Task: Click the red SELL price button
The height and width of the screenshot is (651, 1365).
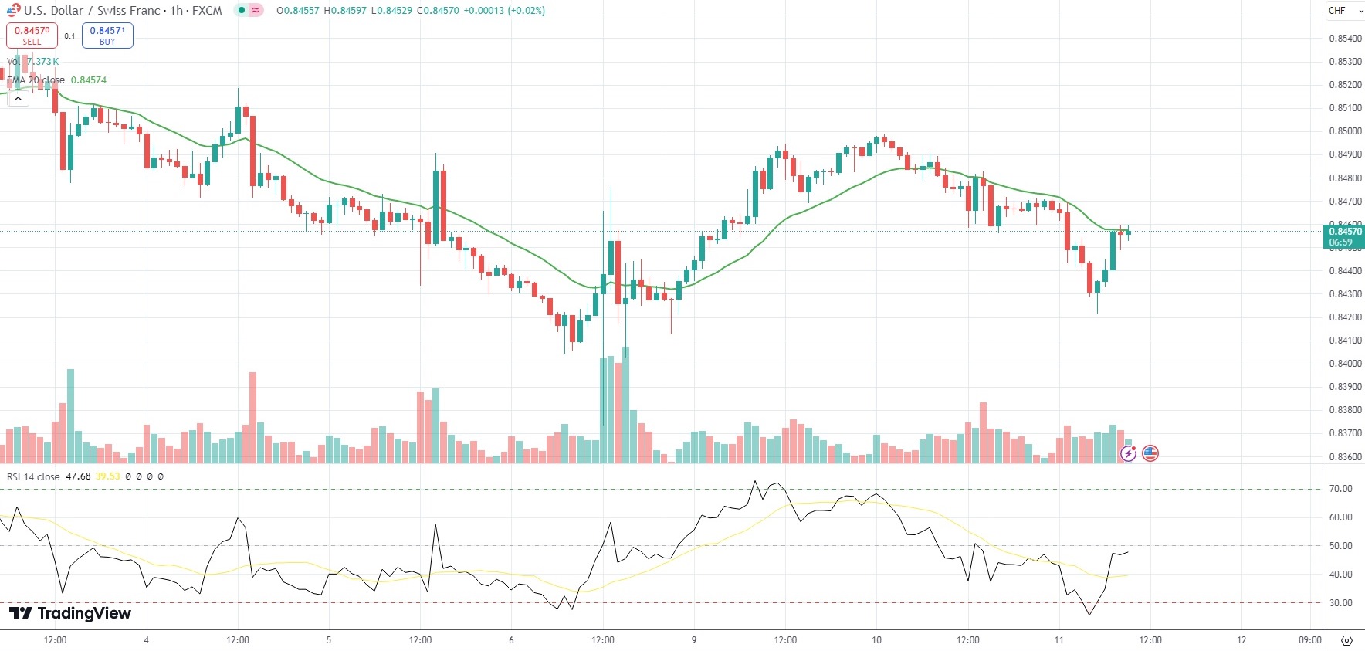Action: [32, 36]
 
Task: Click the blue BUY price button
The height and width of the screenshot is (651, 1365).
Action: [107, 36]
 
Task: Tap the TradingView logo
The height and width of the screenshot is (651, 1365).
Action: [70, 613]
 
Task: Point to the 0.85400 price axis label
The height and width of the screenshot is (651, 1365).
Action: [1344, 39]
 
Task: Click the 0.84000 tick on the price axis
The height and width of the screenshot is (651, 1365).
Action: [1344, 364]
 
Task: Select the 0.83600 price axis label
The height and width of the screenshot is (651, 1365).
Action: [1344, 457]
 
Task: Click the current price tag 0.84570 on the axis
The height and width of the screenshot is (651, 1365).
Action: [1344, 232]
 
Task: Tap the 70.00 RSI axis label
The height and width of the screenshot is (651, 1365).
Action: [1340, 489]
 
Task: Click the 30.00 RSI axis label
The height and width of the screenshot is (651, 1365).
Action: [1340, 603]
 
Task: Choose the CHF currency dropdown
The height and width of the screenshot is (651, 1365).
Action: [1344, 11]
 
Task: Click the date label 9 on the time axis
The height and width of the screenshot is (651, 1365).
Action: [694, 640]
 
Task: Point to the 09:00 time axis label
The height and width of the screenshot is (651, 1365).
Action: [1309, 640]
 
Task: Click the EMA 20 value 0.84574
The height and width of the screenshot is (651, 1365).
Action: [89, 80]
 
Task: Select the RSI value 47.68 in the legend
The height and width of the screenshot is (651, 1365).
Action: [78, 476]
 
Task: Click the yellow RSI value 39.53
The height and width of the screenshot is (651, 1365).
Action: [108, 476]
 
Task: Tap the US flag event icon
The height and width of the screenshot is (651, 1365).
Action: [1150, 453]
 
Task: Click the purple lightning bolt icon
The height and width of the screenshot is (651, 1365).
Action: [1129, 453]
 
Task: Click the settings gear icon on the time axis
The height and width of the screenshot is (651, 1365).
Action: [1346, 640]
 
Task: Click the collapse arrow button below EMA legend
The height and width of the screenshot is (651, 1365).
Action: [18, 99]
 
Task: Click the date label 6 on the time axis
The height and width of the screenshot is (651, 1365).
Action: [511, 640]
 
